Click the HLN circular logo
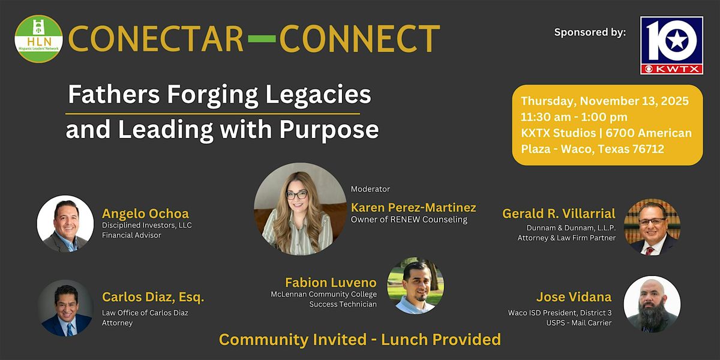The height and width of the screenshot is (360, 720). [x=38, y=39]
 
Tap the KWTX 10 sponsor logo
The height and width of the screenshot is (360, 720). [x=671, y=46]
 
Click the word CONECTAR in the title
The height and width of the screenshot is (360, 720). [x=156, y=39]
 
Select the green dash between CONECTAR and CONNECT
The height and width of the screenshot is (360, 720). [x=262, y=39]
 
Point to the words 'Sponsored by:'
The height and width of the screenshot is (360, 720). [x=590, y=32]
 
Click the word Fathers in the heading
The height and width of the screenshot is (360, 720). [x=114, y=94]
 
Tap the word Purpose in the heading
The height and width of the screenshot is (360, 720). [x=329, y=130]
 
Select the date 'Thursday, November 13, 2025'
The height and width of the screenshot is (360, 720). [x=605, y=101]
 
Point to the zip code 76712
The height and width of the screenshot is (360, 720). [x=648, y=149]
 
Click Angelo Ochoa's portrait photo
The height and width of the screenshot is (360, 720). [x=65, y=224]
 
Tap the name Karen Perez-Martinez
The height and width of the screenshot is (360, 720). [x=413, y=208]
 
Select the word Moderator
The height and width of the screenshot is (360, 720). [x=370, y=189]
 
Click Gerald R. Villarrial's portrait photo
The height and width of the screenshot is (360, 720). [x=652, y=227]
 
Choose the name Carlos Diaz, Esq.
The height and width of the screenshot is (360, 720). [x=153, y=297]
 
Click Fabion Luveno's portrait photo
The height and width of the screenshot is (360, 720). [x=416, y=286]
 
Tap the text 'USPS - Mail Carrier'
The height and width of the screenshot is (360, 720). [x=579, y=323]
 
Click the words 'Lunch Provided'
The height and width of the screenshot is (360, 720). [x=441, y=340]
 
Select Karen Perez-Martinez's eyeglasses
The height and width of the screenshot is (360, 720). [x=296, y=195]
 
